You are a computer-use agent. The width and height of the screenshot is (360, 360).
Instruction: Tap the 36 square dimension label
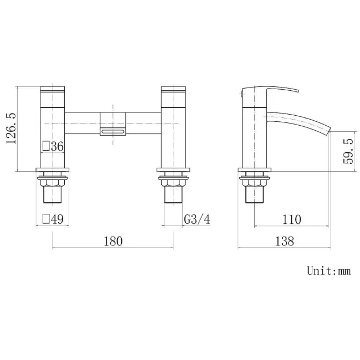pyautogui.click(x=53, y=146)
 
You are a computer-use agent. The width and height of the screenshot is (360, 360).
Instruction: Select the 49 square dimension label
pyautogui.click(x=53, y=220)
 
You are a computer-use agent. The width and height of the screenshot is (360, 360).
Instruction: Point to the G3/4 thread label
pyautogui.click(x=197, y=220)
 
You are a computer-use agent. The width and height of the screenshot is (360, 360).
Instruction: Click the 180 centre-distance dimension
pyautogui.click(x=112, y=241)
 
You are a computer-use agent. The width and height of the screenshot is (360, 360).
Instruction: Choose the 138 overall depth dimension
pyautogui.click(x=283, y=241)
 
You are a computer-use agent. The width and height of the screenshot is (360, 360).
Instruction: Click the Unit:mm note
pyautogui.click(x=329, y=271)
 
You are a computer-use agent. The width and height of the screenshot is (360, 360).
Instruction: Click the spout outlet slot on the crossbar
pyautogui.click(x=112, y=131)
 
